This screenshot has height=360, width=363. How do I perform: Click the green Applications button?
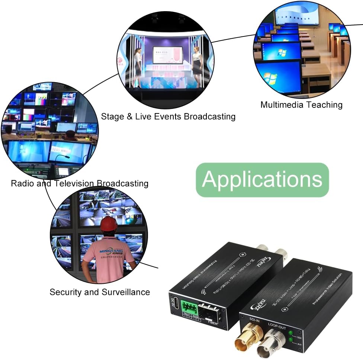click(x=262, y=180)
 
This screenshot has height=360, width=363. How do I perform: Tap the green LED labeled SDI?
click(x=290, y=332)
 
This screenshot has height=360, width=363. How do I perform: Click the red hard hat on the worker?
click(x=109, y=224)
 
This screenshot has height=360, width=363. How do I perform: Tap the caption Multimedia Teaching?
click(x=301, y=105)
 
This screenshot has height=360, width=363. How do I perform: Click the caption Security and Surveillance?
click(x=100, y=292)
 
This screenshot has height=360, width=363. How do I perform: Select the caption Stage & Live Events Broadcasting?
click(x=168, y=116)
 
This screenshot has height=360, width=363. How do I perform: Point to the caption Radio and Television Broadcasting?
click(x=80, y=183)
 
